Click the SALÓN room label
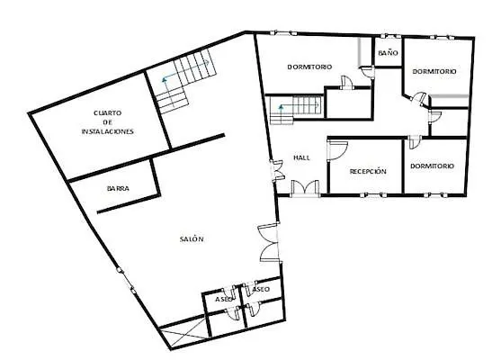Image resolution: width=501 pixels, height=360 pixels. point(192,238)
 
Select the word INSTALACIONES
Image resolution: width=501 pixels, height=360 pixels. point(107,131)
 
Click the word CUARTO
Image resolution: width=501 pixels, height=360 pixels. point(108,112)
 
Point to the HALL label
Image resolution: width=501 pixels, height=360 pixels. point(301,157)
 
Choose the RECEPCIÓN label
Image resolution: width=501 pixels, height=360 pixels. point(367,170)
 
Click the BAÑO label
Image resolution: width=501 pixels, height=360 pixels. point(388,54)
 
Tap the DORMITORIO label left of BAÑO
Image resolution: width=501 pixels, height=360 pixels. point(310,67)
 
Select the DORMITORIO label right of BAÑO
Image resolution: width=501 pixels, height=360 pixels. point(434,71)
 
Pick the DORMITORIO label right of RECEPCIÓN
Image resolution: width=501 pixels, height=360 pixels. point(432,166)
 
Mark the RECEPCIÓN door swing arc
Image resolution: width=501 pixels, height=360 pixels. point(336,151)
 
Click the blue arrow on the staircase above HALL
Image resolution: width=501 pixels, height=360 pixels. point(282,109)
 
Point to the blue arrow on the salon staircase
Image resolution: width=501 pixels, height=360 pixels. point(164,79)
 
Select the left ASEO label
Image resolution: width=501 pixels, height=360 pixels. point(224,298)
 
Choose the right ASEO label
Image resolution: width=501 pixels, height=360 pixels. point(261,290)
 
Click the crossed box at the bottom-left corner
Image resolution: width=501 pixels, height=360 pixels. point(183,336)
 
